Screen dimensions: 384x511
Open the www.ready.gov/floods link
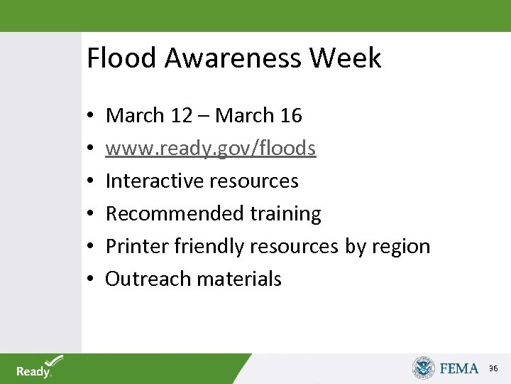tap(211, 148)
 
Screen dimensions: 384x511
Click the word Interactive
tap(150, 181)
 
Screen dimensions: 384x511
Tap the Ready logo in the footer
tap(39, 367)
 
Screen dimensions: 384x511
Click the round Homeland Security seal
tap(424, 368)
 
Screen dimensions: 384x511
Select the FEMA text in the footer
tap(459, 368)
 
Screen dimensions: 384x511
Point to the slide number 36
tap(494, 368)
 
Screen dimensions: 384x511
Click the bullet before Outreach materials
tap(92, 279)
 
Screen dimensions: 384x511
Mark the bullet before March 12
tap(92, 116)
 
